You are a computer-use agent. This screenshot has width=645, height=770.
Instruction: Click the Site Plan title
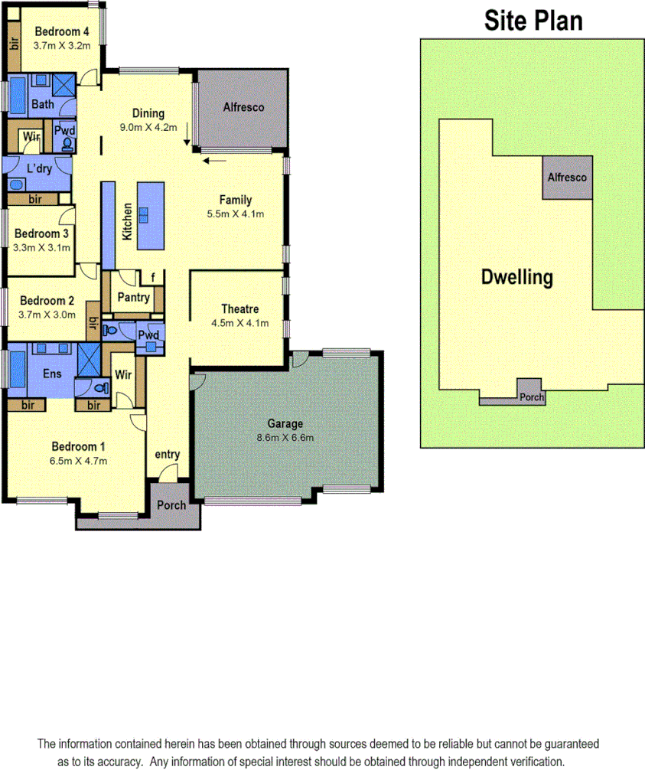tap(533, 21)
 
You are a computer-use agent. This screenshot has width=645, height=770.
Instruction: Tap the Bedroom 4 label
tap(62, 31)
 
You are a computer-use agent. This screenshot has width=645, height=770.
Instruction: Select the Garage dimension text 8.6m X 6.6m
tap(285, 438)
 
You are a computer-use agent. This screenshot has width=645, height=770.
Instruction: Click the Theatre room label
tap(239, 309)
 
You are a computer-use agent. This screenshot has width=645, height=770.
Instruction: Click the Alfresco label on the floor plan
tap(243, 108)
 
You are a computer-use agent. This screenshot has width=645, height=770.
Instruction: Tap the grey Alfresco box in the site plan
tap(567, 178)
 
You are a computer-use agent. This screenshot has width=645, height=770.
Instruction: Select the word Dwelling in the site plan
tap(516, 277)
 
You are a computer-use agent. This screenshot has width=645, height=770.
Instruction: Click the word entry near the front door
tap(167, 455)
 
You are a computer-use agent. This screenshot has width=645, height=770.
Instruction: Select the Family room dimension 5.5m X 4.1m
tap(235, 214)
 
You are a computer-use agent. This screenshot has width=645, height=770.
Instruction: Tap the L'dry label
tap(39, 168)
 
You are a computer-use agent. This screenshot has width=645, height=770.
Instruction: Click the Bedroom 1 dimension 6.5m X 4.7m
tap(79, 461)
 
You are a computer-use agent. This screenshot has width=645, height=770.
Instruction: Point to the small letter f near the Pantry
tap(153, 277)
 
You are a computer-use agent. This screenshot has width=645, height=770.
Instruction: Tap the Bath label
tap(42, 105)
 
